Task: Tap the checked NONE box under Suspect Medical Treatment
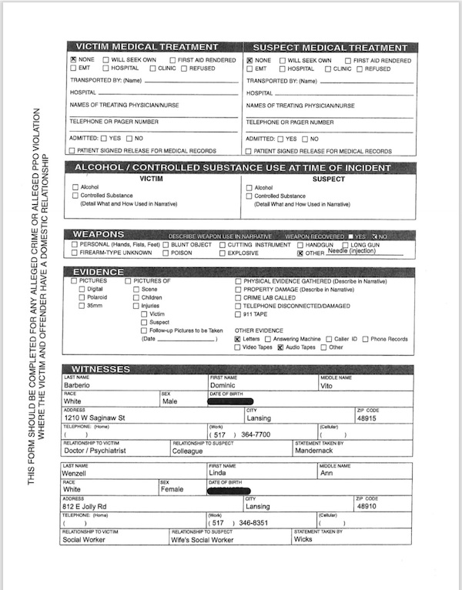[249, 60]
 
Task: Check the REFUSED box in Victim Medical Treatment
[185, 69]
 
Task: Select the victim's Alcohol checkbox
[75, 187]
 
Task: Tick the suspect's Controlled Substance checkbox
[249, 196]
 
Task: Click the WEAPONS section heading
[99, 234]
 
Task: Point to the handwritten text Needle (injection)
[352, 251]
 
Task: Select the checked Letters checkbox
[238, 338]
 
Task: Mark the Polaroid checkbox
[82, 297]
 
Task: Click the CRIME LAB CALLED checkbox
[237, 297]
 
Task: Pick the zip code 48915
[368, 418]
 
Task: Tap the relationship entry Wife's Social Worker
[202, 540]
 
